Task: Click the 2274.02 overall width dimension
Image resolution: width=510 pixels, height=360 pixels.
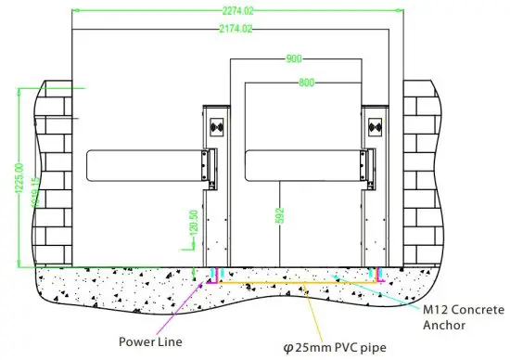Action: [x=239, y=11]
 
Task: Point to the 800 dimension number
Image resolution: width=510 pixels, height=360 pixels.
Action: [x=306, y=84]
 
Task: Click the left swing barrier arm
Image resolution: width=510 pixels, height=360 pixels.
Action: [x=147, y=165]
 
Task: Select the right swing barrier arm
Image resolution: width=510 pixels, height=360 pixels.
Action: [x=306, y=165]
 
